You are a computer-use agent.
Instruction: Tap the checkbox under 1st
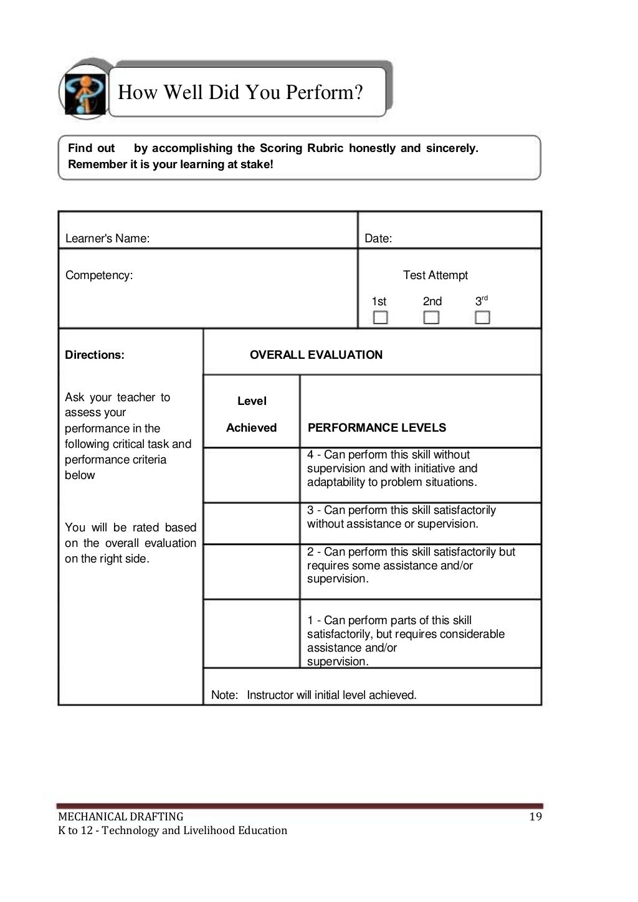click(x=380, y=318)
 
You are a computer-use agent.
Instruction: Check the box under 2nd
click(x=431, y=318)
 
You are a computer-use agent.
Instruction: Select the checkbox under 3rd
click(x=482, y=318)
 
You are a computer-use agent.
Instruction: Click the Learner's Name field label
click(x=107, y=239)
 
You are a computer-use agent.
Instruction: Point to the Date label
click(x=378, y=239)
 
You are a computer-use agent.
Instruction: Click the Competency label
click(x=99, y=275)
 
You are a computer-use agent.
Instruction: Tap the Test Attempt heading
click(x=435, y=275)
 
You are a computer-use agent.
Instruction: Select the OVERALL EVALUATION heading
click(x=316, y=355)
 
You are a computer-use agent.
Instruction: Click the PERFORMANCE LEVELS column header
click(x=377, y=428)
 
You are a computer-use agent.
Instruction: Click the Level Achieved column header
click(x=252, y=414)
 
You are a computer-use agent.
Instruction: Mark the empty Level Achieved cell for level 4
click(x=252, y=475)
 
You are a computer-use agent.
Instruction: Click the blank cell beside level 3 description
click(x=252, y=523)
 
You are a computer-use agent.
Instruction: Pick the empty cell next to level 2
click(x=252, y=572)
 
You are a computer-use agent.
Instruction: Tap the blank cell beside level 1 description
click(x=252, y=634)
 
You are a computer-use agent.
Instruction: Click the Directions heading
click(x=95, y=355)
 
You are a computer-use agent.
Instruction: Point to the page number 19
click(x=535, y=817)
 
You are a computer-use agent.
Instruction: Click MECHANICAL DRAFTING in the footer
click(x=121, y=817)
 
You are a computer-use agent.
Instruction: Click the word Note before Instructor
click(x=224, y=695)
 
